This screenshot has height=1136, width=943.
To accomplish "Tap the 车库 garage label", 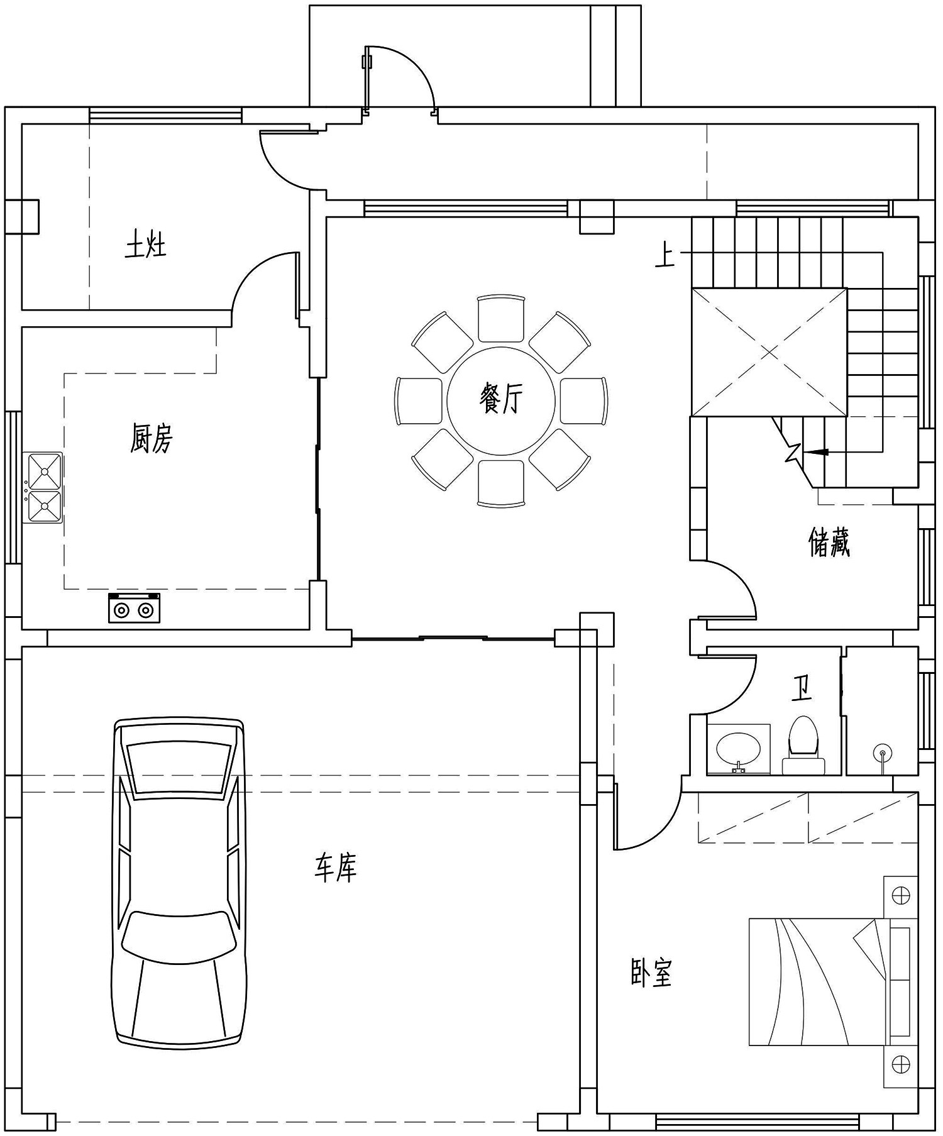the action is click(336, 868).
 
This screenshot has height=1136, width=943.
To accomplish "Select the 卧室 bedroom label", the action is click(651, 973).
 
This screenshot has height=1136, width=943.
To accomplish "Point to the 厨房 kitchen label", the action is click(151, 438).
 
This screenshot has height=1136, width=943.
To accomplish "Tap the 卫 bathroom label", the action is click(802, 688).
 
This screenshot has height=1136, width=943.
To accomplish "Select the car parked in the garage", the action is click(179, 882).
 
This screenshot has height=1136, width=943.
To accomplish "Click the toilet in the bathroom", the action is click(803, 745).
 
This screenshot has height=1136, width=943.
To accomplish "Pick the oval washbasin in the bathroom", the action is click(739, 748).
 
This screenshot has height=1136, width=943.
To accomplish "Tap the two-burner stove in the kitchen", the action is click(134, 608).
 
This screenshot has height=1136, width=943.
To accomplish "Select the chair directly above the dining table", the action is click(501, 319).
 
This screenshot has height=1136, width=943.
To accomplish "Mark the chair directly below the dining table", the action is click(501, 483).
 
